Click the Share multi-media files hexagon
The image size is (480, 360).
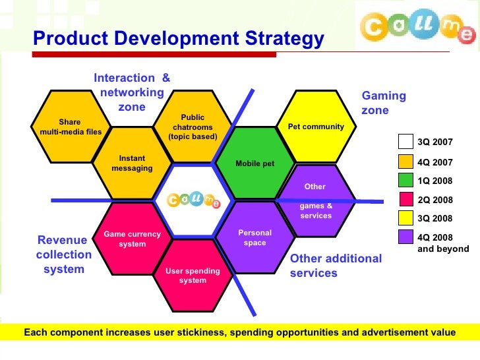[70, 126]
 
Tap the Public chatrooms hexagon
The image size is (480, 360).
[193, 127]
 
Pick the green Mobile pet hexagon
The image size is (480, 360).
[255, 164]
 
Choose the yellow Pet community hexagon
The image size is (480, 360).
[316, 127]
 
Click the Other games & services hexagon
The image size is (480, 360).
[316, 201]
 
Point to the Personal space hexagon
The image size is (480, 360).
[255, 238]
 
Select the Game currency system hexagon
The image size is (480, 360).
[132, 239]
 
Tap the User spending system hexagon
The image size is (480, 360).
[193, 275]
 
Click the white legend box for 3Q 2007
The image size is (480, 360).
[405, 142]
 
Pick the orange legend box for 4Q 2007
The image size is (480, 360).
[405, 161]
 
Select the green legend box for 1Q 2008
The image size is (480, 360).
[405, 179]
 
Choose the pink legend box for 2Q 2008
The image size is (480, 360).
[405, 198]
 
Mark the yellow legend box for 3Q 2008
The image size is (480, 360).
[405, 218]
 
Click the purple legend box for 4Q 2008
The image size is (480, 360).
[405, 236]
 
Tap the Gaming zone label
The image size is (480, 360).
[384, 103]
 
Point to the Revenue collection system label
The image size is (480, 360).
[64, 255]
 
